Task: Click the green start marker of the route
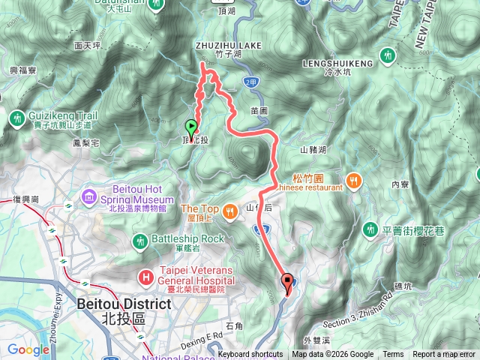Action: click(191, 127)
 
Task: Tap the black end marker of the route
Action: click(287, 282)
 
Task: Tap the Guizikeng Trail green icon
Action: click(16, 118)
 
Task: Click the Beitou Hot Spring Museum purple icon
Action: click(90, 197)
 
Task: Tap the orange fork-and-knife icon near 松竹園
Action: click(352, 181)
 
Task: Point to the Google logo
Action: click(28, 349)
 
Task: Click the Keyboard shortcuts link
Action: click(250, 355)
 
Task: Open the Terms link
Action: click(392, 355)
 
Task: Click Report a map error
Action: click(444, 355)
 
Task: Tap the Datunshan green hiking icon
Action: click(156, 3)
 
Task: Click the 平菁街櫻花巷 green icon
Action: click(370, 229)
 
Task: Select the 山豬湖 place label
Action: click(313, 150)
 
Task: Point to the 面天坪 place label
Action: click(88, 45)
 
